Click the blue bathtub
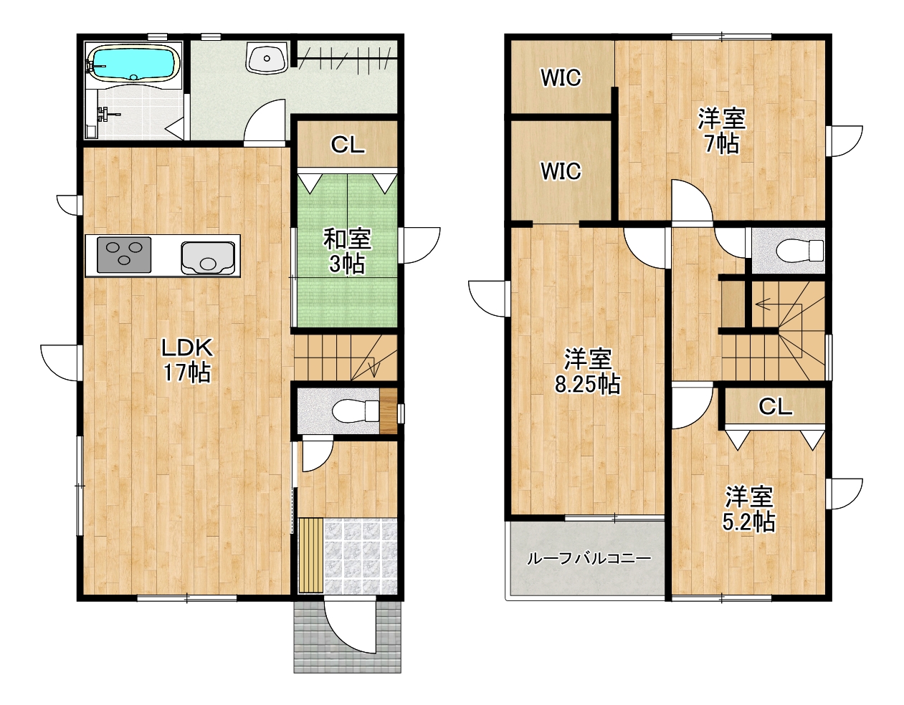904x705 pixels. pos(133,62)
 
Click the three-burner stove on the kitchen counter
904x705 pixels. pos(124,255)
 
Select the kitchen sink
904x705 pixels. pos(208,258)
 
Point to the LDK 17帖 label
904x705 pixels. pos(187,360)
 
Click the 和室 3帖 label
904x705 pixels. pos(348,251)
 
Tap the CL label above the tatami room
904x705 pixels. pos(348,145)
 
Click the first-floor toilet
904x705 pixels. pos(356,411)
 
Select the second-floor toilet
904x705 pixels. pos(800,251)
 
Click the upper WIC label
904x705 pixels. pos(561,77)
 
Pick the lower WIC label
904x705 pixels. pos(561,171)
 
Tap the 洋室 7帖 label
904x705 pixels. pos(722,130)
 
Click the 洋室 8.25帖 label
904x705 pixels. pos(587,371)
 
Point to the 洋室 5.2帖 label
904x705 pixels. pos(749,509)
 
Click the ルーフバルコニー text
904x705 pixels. pos(589,559)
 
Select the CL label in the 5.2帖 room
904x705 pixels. pos(776,406)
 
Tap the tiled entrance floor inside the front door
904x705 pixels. pos(361,556)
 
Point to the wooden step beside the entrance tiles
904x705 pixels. pos(310,555)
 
